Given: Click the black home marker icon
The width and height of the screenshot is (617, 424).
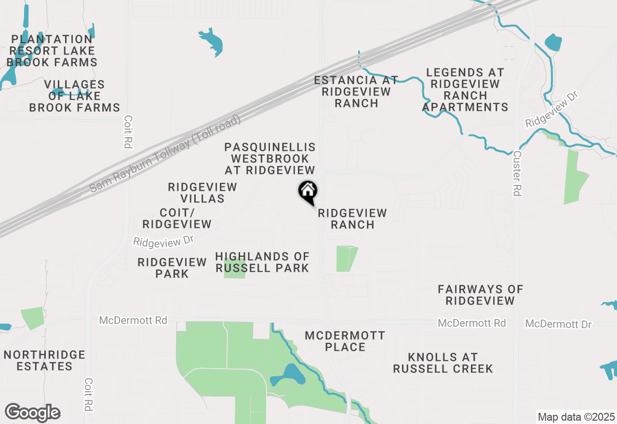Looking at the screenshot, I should tap(308, 191).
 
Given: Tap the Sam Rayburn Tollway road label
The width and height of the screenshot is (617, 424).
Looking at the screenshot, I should tap(165, 154).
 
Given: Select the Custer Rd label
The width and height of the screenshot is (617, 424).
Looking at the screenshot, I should tap(517, 173).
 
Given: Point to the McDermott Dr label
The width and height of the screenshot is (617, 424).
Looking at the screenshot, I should tap(558, 324).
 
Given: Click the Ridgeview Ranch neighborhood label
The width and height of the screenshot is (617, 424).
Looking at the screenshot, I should tap(352, 219).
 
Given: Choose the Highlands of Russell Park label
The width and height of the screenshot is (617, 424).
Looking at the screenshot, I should tap(262, 262).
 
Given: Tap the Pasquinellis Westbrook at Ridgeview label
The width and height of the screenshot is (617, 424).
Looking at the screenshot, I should tap(270, 159).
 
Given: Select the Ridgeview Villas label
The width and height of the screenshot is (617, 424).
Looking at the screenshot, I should tap(202, 193).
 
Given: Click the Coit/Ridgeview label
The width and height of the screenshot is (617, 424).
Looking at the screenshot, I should tap(177, 218).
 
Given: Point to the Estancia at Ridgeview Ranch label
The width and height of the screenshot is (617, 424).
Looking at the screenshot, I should tap(356, 92).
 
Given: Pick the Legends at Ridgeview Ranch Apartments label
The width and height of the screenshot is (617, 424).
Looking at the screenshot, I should tap(465, 90).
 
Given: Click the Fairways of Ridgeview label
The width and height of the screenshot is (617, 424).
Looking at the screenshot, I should tap(480, 295).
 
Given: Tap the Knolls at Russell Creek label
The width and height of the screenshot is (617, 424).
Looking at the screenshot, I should tap(443, 363).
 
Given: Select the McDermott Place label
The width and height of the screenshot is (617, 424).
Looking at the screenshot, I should tap(345, 341).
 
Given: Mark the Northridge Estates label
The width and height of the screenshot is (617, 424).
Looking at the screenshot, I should tap(44, 360).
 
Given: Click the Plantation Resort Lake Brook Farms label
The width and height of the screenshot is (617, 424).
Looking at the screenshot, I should tap(52, 51).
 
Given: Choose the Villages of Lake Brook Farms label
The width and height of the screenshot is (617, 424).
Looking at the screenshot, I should tap(74, 96).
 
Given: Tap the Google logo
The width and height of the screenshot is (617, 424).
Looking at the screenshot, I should tap(32, 413).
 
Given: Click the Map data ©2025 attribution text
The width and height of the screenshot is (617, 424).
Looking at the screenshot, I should tap(576, 417).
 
